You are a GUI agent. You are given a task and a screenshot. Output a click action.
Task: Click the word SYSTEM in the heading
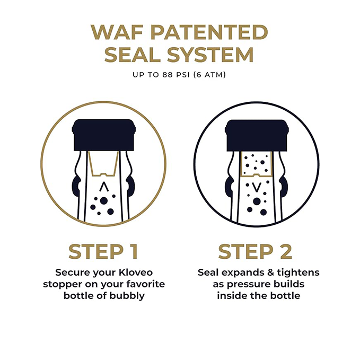click(214, 55)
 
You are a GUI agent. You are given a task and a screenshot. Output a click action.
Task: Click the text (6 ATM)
click(209, 75)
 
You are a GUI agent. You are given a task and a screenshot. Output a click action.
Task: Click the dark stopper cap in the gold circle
click(104, 135)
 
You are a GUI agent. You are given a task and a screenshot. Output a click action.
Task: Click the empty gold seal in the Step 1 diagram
click(104, 162)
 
